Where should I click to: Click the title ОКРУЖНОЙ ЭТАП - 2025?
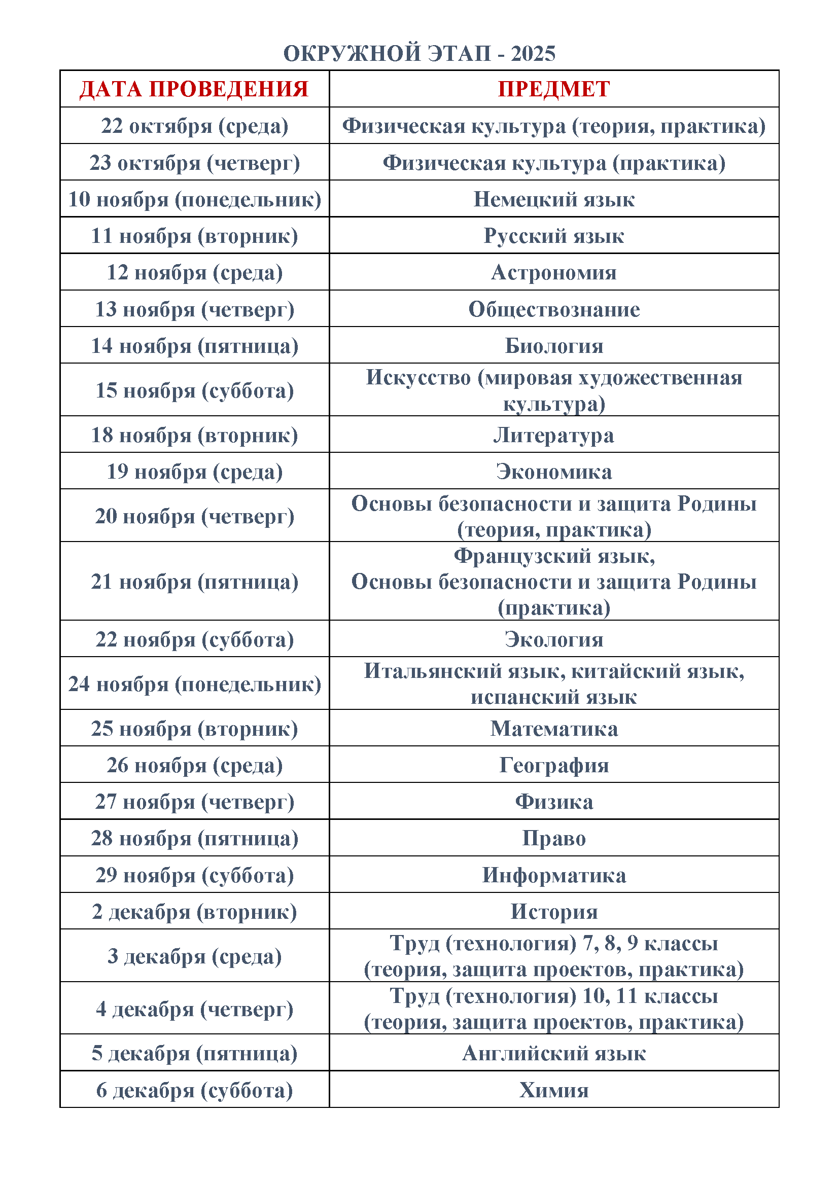[419, 53]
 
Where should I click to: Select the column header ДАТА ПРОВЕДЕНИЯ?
[194, 89]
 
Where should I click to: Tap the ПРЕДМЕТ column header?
[554, 89]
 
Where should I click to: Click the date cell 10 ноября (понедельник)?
[194, 199]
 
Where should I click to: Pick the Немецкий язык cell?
[554, 199]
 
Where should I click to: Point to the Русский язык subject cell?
[554, 236]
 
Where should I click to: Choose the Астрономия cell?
[554, 272]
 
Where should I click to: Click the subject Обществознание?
[554, 309]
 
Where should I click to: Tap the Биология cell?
[554, 346]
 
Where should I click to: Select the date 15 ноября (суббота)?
[194, 390]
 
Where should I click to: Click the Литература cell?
[554, 435]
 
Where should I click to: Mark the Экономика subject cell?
[554, 472]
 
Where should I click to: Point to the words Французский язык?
[554, 556]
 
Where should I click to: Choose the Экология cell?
[554, 639]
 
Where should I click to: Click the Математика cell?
[554, 728]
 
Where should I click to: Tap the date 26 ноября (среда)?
[194, 765]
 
